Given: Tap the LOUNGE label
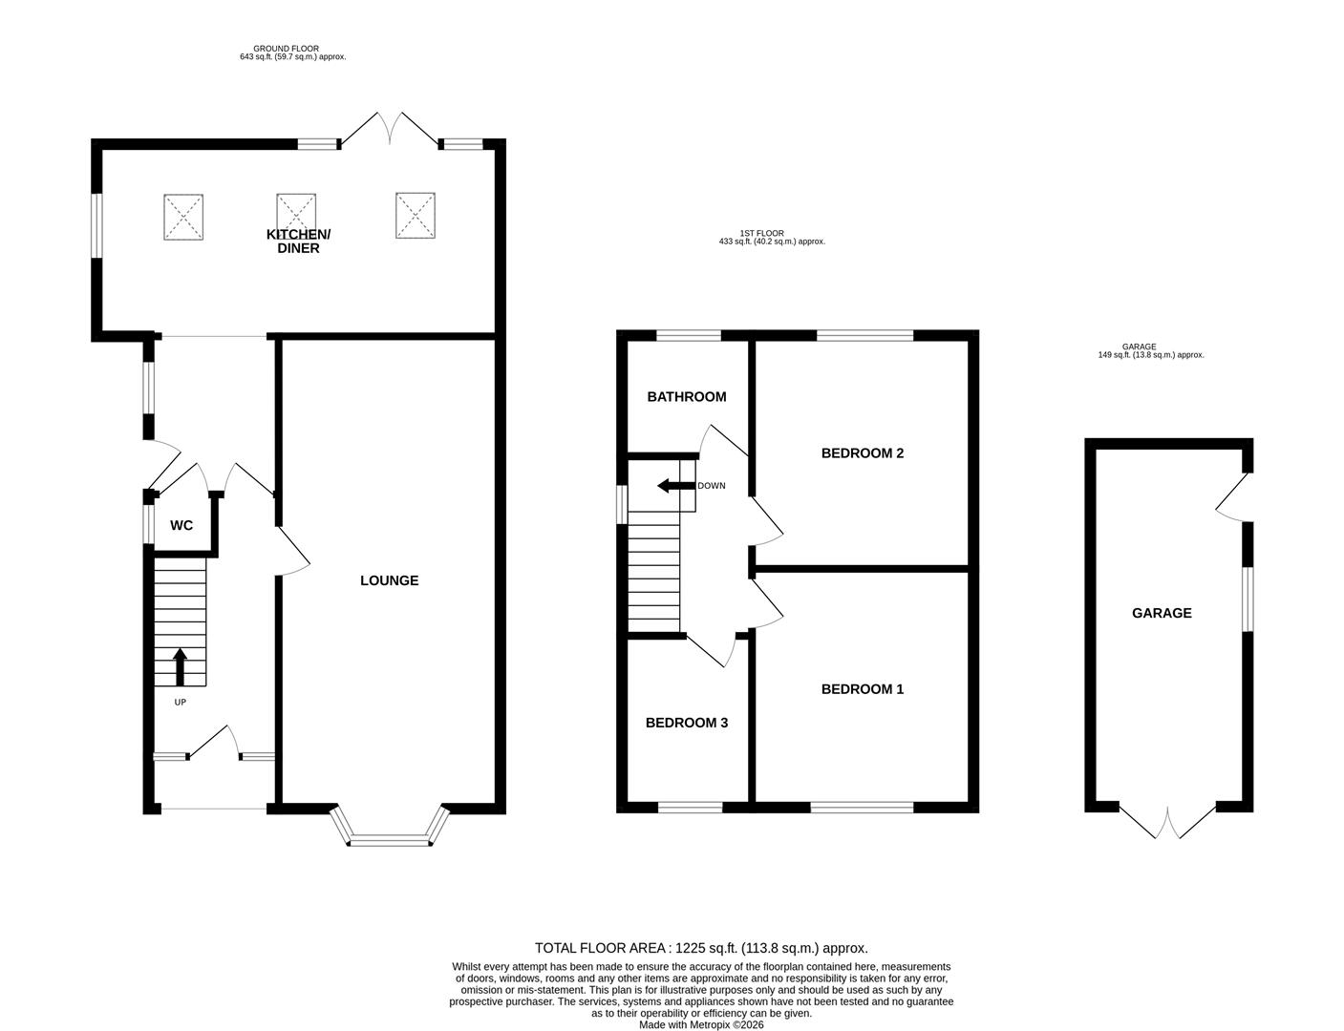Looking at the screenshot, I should [x=389, y=580].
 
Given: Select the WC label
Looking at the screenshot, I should [x=181, y=526].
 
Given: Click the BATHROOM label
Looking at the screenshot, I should [x=686, y=397].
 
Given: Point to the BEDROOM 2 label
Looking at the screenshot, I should [x=862, y=453].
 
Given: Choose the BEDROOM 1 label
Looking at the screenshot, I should [x=862, y=689].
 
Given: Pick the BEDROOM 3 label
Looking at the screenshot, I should [x=686, y=724].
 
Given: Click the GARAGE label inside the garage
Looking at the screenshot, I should [x=1162, y=614].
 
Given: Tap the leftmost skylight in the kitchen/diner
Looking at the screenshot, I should [x=183, y=217].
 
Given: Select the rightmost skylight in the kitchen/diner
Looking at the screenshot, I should [x=416, y=215].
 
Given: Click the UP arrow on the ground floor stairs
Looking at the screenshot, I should [x=180, y=667].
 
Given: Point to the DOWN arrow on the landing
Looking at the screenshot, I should [x=674, y=486].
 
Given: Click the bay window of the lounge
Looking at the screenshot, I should [x=389, y=838].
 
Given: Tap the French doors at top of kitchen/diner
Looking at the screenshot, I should [x=389, y=130].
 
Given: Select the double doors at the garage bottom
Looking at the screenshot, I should [x=1166, y=823].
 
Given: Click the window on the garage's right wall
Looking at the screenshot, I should [x=1248, y=600].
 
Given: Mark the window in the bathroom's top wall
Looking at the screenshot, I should [x=689, y=335].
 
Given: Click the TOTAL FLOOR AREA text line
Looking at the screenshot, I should [x=700, y=948].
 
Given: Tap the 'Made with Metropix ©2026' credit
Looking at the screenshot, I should [x=701, y=1024].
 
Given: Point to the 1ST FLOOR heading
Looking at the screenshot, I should [x=761, y=233].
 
